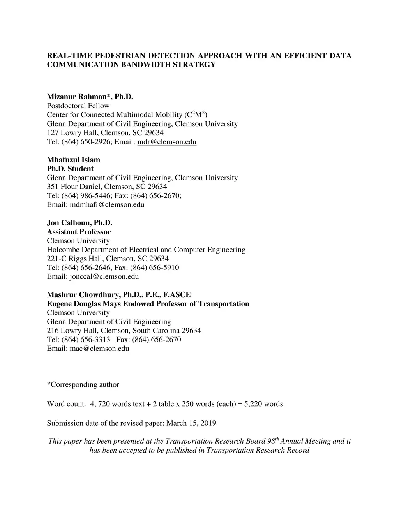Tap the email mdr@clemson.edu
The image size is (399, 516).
pyautogui.click(x=167, y=142)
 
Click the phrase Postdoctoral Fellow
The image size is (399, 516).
pyautogui.click(x=78, y=106)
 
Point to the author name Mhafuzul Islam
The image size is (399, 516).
pyautogui.click(x=73, y=160)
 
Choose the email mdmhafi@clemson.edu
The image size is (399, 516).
pyautogui.click(x=107, y=204)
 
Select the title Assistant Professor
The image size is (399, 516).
pyautogui.click(x=79, y=232)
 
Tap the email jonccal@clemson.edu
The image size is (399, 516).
pyautogui.click(x=104, y=276)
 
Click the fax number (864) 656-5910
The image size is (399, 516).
pyautogui.click(x=155, y=268)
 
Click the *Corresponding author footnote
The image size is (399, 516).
pyautogui.click(x=83, y=385)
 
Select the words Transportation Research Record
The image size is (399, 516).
pyautogui.click(x=258, y=450)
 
